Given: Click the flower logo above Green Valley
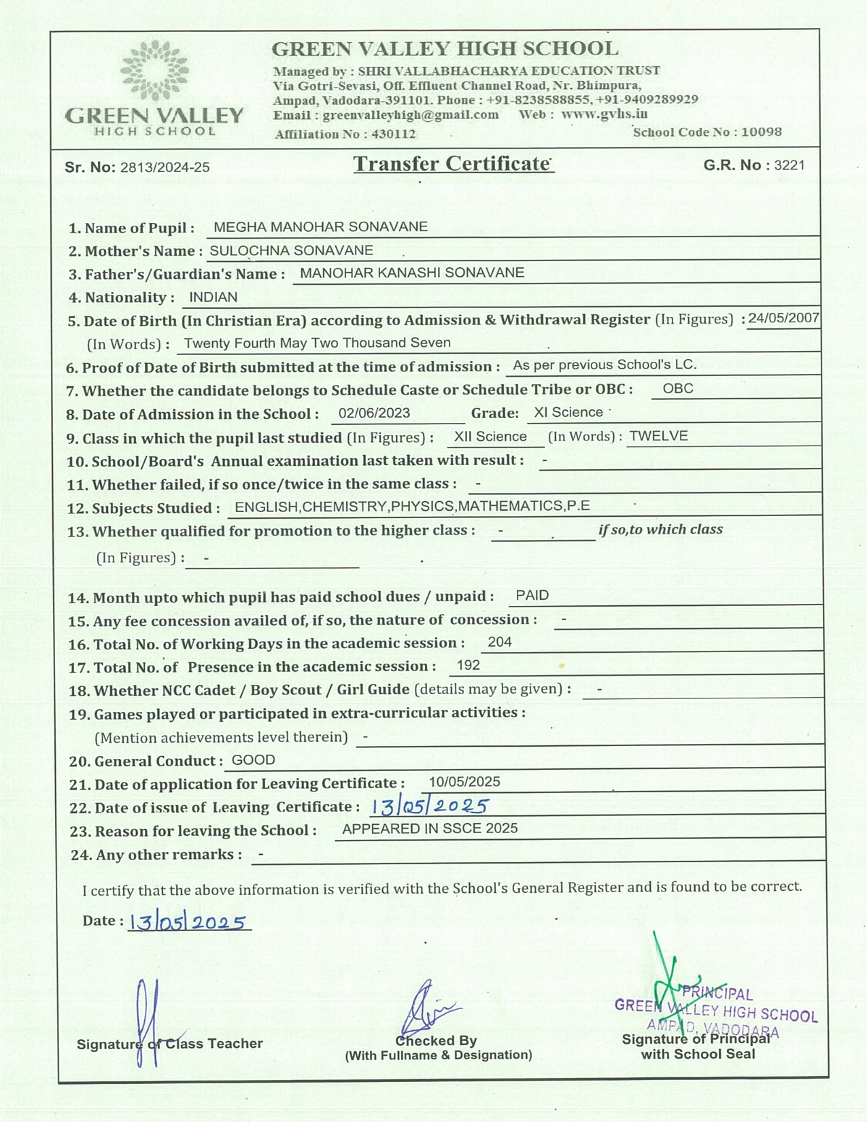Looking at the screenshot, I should (x=154, y=69).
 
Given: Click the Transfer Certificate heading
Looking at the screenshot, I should (x=452, y=164).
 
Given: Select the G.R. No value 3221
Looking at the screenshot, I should (x=789, y=165).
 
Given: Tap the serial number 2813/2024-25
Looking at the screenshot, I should (x=165, y=167).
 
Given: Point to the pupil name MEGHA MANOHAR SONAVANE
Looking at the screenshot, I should (x=320, y=227).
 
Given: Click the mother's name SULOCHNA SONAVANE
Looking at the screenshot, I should (x=291, y=250).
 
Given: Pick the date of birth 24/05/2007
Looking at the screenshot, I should (x=783, y=318).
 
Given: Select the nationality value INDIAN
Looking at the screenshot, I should (x=213, y=297).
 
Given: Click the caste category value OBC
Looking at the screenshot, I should (x=678, y=388).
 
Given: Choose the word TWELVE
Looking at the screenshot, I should (x=658, y=436).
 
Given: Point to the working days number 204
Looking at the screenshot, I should (x=500, y=642).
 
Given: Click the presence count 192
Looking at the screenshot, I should (x=469, y=665).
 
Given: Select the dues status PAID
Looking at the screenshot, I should (x=532, y=596).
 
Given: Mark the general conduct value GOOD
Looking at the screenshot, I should (x=253, y=760).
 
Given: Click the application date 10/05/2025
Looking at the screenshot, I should (x=464, y=782).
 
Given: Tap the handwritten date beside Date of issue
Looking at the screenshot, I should (x=430, y=806).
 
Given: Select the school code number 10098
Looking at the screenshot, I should (x=761, y=132).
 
